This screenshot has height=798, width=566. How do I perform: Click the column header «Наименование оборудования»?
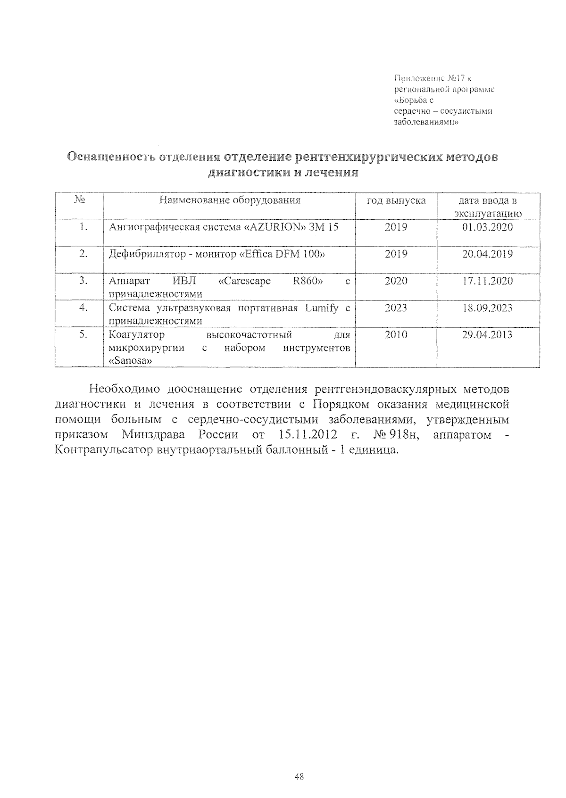(230, 200)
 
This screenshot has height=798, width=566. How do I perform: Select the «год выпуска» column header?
(396, 200)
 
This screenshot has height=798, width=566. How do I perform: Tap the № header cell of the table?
(79, 200)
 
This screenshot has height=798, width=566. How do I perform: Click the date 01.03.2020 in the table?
(487, 227)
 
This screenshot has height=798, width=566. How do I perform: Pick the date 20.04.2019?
(487, 254)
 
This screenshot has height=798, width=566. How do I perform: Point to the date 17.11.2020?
(487, 281)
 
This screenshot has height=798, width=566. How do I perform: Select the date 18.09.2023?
(487, 308)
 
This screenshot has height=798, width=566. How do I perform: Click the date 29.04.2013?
(487, 335)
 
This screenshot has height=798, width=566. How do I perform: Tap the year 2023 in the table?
(396, 308)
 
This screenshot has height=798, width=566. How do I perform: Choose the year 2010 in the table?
(396, 335)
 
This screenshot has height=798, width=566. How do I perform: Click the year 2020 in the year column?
(396, 281)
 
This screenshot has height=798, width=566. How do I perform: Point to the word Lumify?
(322, 308)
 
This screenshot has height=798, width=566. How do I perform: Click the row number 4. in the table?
(83, 308)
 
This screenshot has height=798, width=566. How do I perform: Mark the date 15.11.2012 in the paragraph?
(305, 434)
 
